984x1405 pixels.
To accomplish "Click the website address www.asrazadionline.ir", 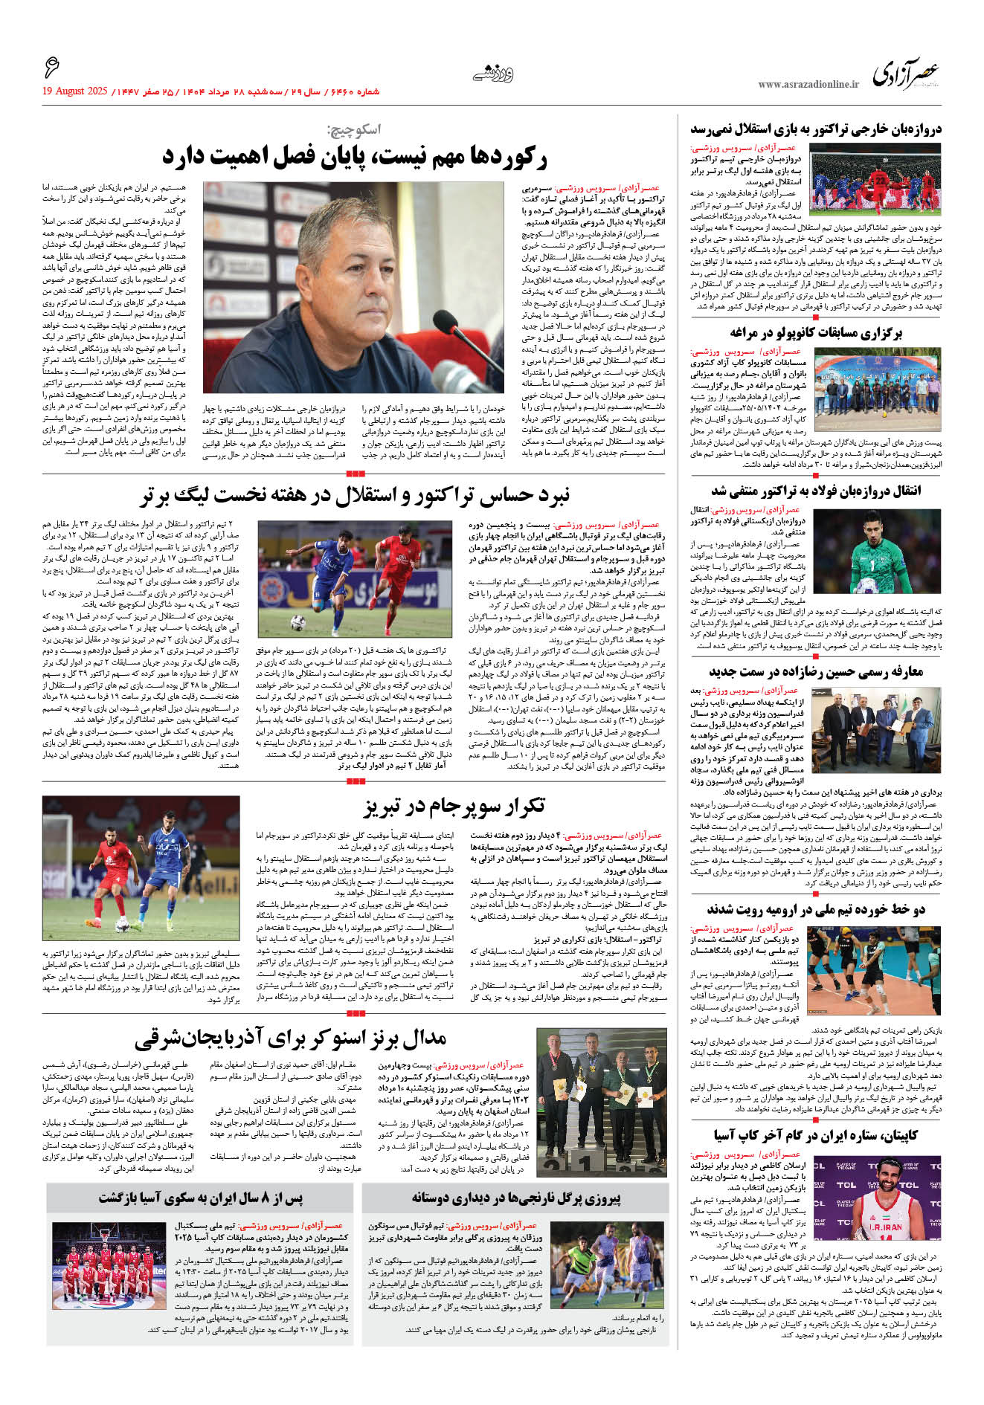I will click(808, 85).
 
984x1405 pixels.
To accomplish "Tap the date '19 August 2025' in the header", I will click(75, 91).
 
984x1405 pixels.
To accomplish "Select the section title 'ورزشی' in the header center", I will click(493, 73).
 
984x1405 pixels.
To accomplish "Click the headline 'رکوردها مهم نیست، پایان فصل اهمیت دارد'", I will click(354, 157).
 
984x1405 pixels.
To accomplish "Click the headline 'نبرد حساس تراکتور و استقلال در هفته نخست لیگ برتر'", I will click(354, 495).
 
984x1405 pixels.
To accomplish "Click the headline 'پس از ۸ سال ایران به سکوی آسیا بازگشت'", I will click(201, 1198).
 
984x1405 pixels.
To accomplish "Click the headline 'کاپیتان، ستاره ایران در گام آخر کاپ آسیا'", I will click(815, 1135).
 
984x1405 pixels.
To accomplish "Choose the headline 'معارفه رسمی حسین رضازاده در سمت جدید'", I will click(815, 672).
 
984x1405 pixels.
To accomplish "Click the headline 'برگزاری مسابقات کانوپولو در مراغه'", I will click(815, 332).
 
